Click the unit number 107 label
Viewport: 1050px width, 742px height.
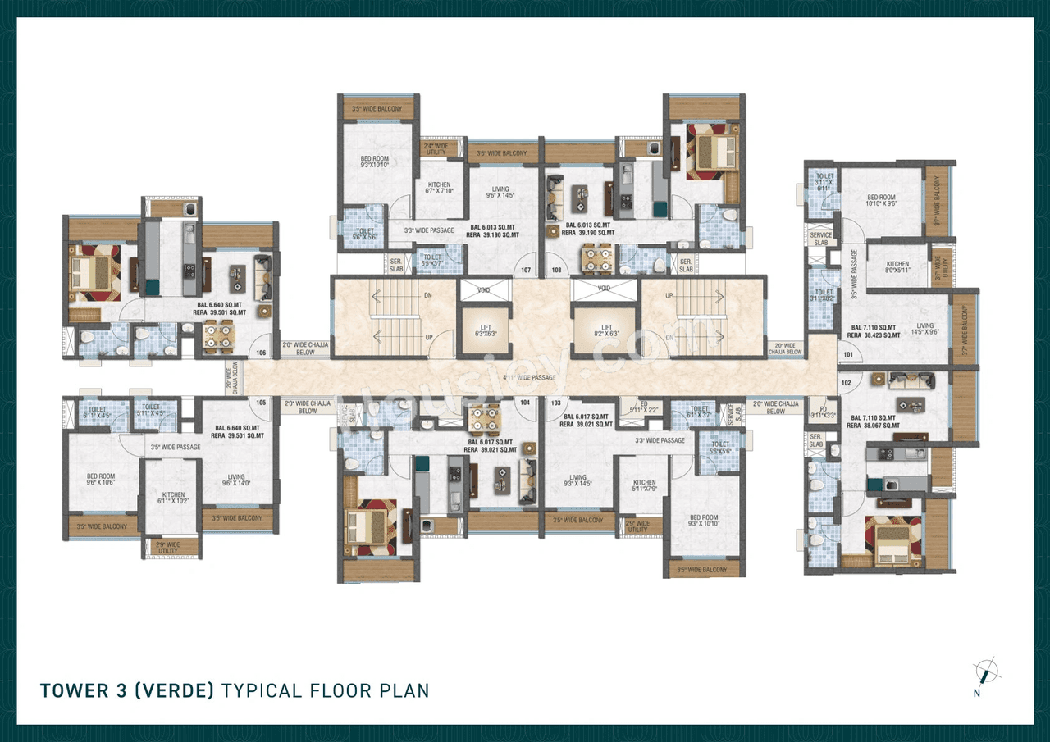tap(526, 270)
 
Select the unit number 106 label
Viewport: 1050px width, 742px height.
tap(262, 353)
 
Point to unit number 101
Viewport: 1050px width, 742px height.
tap(847, 355)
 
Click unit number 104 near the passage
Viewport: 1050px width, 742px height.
tap(525, 403)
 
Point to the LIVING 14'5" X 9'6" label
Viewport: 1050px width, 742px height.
tap(924, 330)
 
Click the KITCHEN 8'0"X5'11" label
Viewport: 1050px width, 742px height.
tap(897, 267)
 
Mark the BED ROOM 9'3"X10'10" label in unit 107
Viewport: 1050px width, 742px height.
tap(375, 162)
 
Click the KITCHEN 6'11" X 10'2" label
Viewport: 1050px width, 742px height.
tap(173, 498)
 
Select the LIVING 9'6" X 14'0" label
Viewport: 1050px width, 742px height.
tap(236, 480)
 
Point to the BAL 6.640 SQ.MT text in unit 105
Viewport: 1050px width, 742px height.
tap(236, 427)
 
